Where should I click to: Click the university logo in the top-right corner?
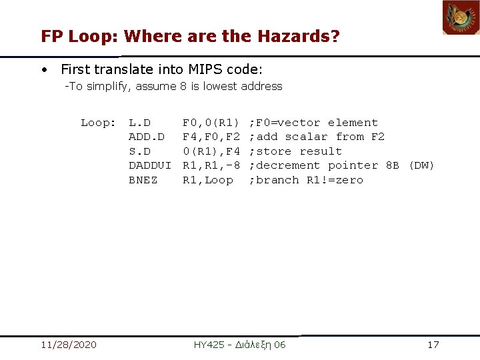point(461,17)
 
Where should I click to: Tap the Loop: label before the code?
point(98,123)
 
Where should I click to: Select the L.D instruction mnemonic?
point(139,123)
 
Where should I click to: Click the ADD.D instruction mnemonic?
point(146,137)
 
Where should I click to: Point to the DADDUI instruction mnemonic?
point(150,165)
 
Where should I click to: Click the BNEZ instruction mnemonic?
point(143,180)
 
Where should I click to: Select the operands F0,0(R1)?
point(211,123)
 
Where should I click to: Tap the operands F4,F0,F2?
point(211,137)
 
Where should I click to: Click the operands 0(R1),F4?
point(211,151)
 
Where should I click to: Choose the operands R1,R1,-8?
point(211,165)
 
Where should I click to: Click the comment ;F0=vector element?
point(313,123)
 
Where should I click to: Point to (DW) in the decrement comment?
point(421,165)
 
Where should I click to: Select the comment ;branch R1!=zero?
point(306,180)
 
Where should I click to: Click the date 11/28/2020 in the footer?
point(68,345)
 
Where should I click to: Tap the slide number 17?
point(433,345)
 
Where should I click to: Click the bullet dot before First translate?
point(43,69)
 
